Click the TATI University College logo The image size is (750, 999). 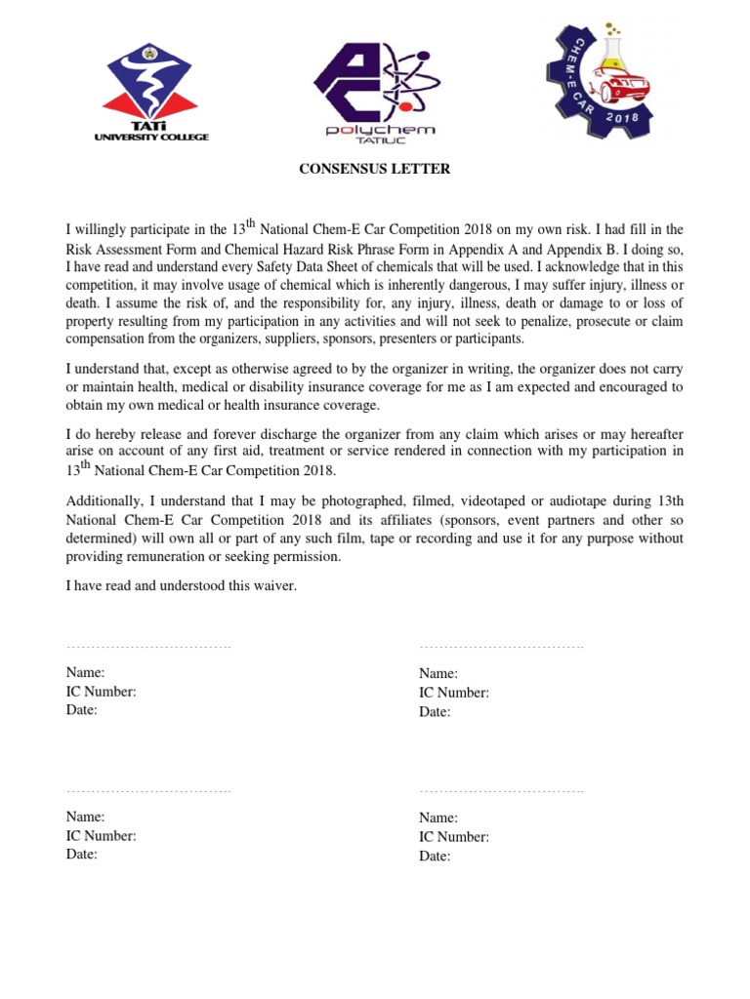(x=150, y=93)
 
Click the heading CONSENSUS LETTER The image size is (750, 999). (x=374, y=169)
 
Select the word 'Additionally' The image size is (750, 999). (x=105, y=501)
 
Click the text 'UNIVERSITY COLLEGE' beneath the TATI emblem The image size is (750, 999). (x=150, y=138)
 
